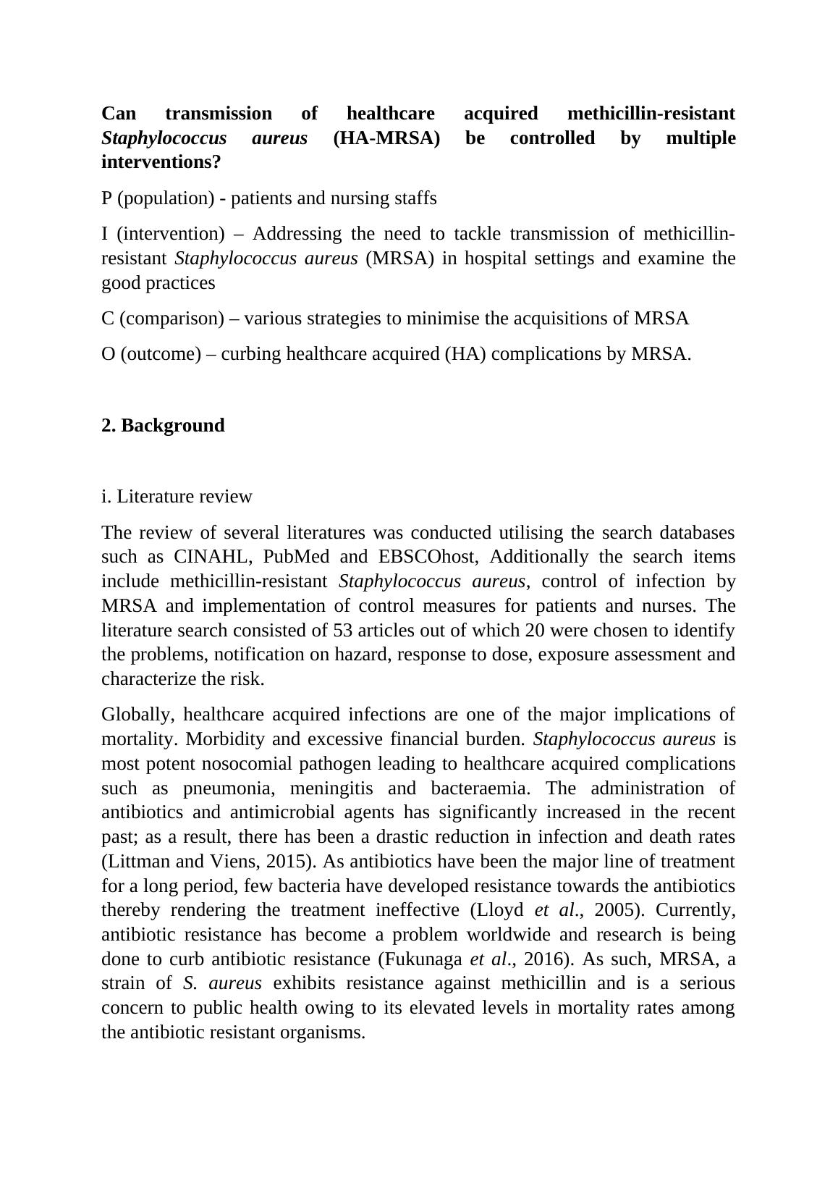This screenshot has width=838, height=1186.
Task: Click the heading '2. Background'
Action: click(163, 425)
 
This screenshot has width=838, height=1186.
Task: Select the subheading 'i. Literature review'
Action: click(177, 497)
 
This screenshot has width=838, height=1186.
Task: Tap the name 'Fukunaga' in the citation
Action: click(430, 959)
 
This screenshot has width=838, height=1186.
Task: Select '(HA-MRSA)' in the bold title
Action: click(386, 138)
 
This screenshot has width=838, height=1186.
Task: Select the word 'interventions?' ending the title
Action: click(161, 162)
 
